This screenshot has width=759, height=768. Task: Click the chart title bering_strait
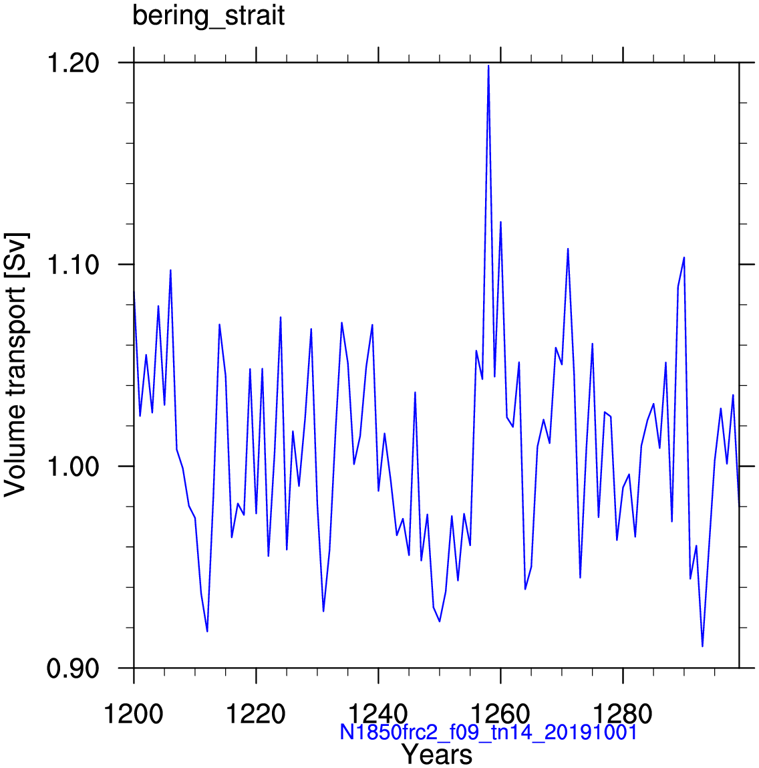pos(208,15)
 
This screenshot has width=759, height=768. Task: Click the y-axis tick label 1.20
pos(73,63)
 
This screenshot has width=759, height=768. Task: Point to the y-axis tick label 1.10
pos(73,265)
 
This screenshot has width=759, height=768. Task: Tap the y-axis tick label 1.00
pos(73,466)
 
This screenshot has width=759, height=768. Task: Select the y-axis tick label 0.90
pos(73,668)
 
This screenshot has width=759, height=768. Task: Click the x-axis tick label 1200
pos(134,714)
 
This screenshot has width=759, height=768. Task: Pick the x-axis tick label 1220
pos(256,714)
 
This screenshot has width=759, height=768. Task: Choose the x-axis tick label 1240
pos(378,714)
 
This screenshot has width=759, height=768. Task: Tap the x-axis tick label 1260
pos(500,714)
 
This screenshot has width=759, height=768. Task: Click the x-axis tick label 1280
pos(623,714)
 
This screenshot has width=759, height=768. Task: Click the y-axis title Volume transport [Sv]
pos(16,365)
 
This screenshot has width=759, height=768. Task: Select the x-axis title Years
pos(437,755)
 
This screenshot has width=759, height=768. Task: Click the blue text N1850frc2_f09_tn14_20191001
pos(488,733)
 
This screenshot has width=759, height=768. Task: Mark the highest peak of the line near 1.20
pos(488,66)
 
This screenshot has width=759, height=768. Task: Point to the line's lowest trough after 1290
pos(702,646)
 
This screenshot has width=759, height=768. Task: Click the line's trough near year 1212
pos(207,631)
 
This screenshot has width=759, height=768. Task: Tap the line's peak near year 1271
pos(568,249)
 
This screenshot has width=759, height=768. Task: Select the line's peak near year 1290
pos(684,257)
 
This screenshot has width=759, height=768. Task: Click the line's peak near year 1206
pos(170,270)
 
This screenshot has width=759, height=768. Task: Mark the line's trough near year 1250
pos(440,622)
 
